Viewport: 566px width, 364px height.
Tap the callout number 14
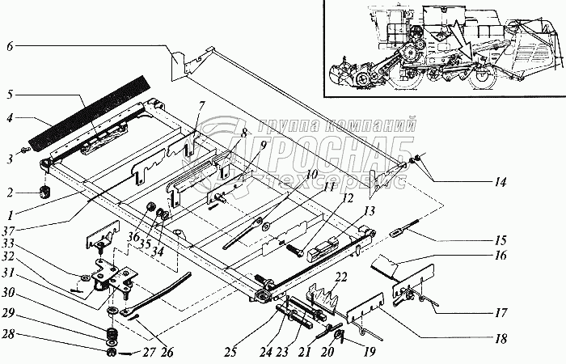point(501,182)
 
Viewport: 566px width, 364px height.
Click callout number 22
point(340,278)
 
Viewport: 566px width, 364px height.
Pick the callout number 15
point(501,240)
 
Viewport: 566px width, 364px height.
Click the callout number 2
point(10,193)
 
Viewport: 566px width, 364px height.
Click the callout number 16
point(501,256)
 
